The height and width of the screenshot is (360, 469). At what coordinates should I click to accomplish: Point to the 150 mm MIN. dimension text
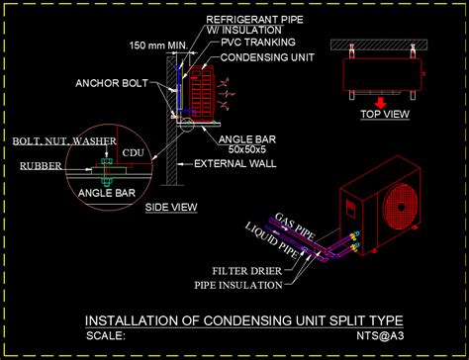[159, 45]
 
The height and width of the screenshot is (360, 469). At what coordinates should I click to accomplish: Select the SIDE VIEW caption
[170, 207]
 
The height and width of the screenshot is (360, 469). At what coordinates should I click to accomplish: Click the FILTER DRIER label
[245, 270]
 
